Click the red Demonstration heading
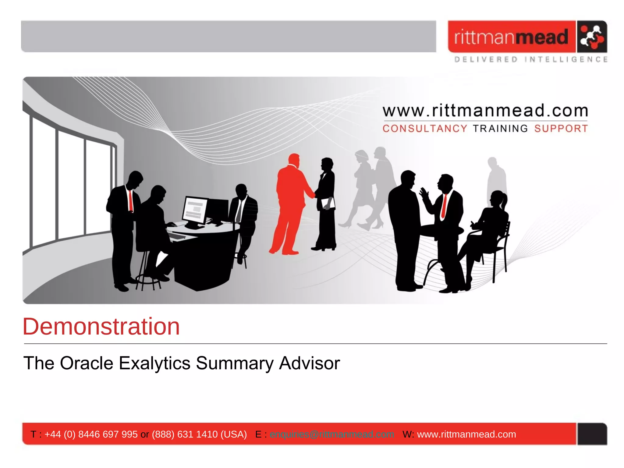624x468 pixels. (x=101, y=327)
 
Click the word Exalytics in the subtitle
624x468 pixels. (x=154, y=363)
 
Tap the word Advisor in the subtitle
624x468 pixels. (x=309, y=363)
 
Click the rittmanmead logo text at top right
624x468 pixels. (x=511, y=37)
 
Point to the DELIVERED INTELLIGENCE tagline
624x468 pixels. (x=531, y=59)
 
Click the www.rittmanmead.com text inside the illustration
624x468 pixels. (x=485, y=111)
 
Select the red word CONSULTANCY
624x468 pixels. (x=425, y=129)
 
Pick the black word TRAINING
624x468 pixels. (x=500, y=129)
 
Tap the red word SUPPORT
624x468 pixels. (x=561, y=129)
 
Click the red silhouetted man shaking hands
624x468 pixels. (x=289, y=204)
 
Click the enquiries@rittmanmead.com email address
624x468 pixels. (x=332, y=434)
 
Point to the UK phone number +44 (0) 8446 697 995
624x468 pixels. (x=91, y=434)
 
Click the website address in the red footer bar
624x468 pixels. (x=466, y=434)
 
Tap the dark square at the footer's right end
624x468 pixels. (x=592, y=434)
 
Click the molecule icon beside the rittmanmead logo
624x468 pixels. (x=592, y=37)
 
